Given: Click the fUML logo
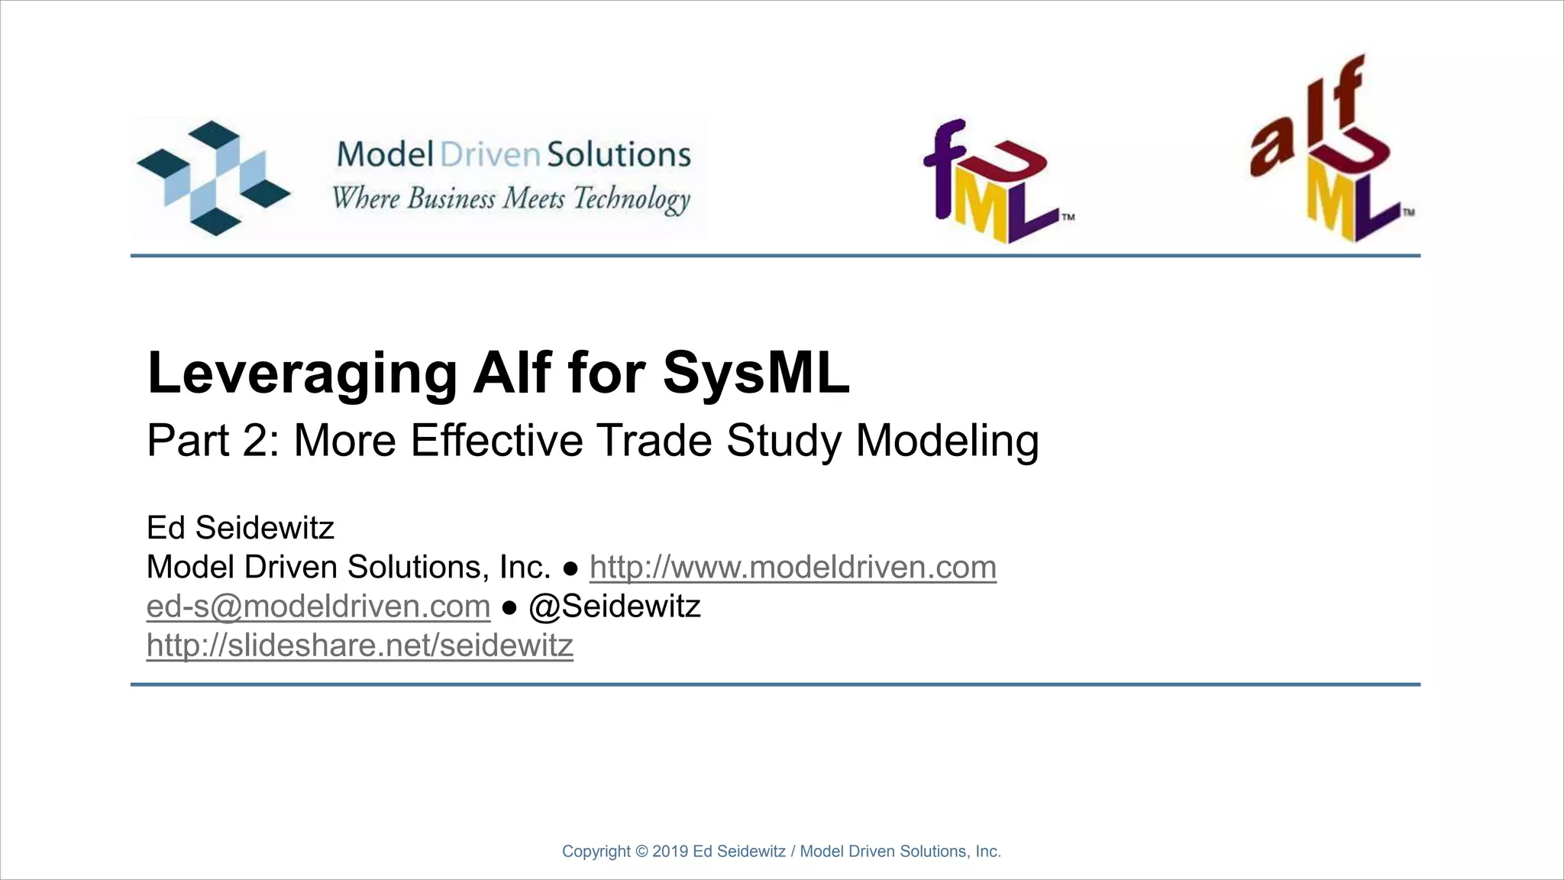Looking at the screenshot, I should coord(993,182).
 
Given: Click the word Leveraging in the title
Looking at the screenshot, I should coord(302,374).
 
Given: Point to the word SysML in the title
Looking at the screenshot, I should coord(756,373).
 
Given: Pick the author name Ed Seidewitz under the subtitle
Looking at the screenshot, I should coord(241,528).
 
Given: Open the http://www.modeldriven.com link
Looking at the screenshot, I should coord(793,568).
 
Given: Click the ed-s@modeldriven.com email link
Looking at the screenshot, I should coord(318,607).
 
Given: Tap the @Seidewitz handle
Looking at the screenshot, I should coord(615,607).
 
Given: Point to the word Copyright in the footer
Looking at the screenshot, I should coord(596,852).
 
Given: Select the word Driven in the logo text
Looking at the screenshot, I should coord(490,154).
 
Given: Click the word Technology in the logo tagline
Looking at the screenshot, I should coord(632,199).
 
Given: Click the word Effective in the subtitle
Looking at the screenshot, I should coord(496,441).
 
